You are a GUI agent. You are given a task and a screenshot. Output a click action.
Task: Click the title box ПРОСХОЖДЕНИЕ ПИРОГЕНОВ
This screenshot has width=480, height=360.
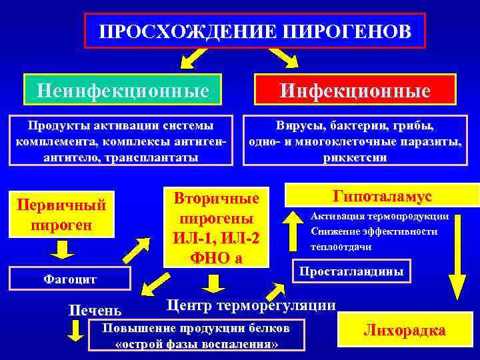255,31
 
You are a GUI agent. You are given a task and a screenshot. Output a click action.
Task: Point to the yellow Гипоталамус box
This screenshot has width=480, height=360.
381,196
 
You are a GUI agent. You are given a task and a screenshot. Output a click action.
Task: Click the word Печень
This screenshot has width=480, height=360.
95,310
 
